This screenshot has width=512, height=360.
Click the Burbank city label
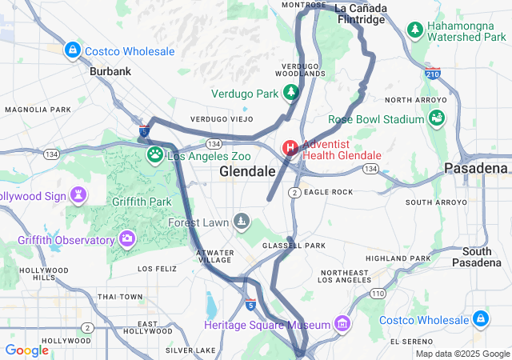coord(110,71)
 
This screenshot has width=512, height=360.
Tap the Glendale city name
coord(247,172)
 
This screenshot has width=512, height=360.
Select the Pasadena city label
coord(476,169)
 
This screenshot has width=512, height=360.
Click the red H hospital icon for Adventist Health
coord(290,149)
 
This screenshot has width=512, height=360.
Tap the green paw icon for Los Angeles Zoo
coord(154,155)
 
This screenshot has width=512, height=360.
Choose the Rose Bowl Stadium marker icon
coord(437,119)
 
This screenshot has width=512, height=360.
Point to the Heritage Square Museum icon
coord(342,324)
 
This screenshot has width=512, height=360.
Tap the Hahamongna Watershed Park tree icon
coord(414,30)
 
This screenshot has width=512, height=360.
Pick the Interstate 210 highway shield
coord(433,74)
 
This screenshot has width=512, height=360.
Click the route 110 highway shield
coord(378,294)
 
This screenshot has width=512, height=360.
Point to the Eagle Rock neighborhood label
coord(329,192)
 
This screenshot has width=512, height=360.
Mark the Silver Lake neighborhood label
coord(190,350)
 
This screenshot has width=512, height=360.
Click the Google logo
coord(26,350)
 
